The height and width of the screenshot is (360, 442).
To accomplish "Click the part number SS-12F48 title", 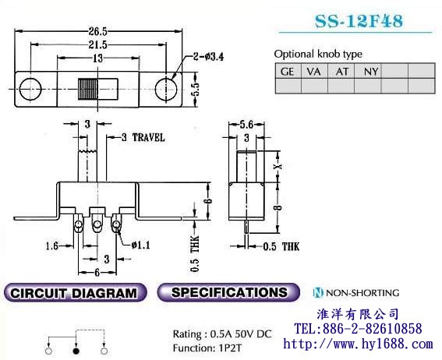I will click(x=359, y=22).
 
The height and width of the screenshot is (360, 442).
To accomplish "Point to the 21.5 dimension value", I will click(x=98, y=46).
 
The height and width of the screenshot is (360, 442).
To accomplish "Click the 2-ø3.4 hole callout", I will click(x=205, y=56).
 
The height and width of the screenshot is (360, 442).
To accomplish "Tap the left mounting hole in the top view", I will click(x=30, y=88).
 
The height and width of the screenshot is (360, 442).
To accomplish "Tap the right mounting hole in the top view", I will click(x=167, y=88).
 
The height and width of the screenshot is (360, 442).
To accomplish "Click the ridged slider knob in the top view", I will click(x=89, y=88).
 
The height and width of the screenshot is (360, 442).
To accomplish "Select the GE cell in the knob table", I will click(x=288, y=71).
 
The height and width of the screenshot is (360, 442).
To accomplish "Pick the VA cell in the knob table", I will click(x=314, y=71).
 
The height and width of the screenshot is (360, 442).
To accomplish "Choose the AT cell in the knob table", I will click(x=341, y=71).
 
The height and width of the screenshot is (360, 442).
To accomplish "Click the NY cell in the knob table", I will click(x=367, y=71).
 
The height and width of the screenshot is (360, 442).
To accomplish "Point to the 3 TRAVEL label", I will click(x=142, y=137).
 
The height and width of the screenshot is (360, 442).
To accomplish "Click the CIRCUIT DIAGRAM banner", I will click(x=76, y=294).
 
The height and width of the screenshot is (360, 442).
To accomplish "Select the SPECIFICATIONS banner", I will click(x=228, y=293).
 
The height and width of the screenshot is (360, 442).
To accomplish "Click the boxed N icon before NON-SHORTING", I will click(x=318, y=294).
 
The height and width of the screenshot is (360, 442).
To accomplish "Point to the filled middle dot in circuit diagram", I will click(x=76, y=351).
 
